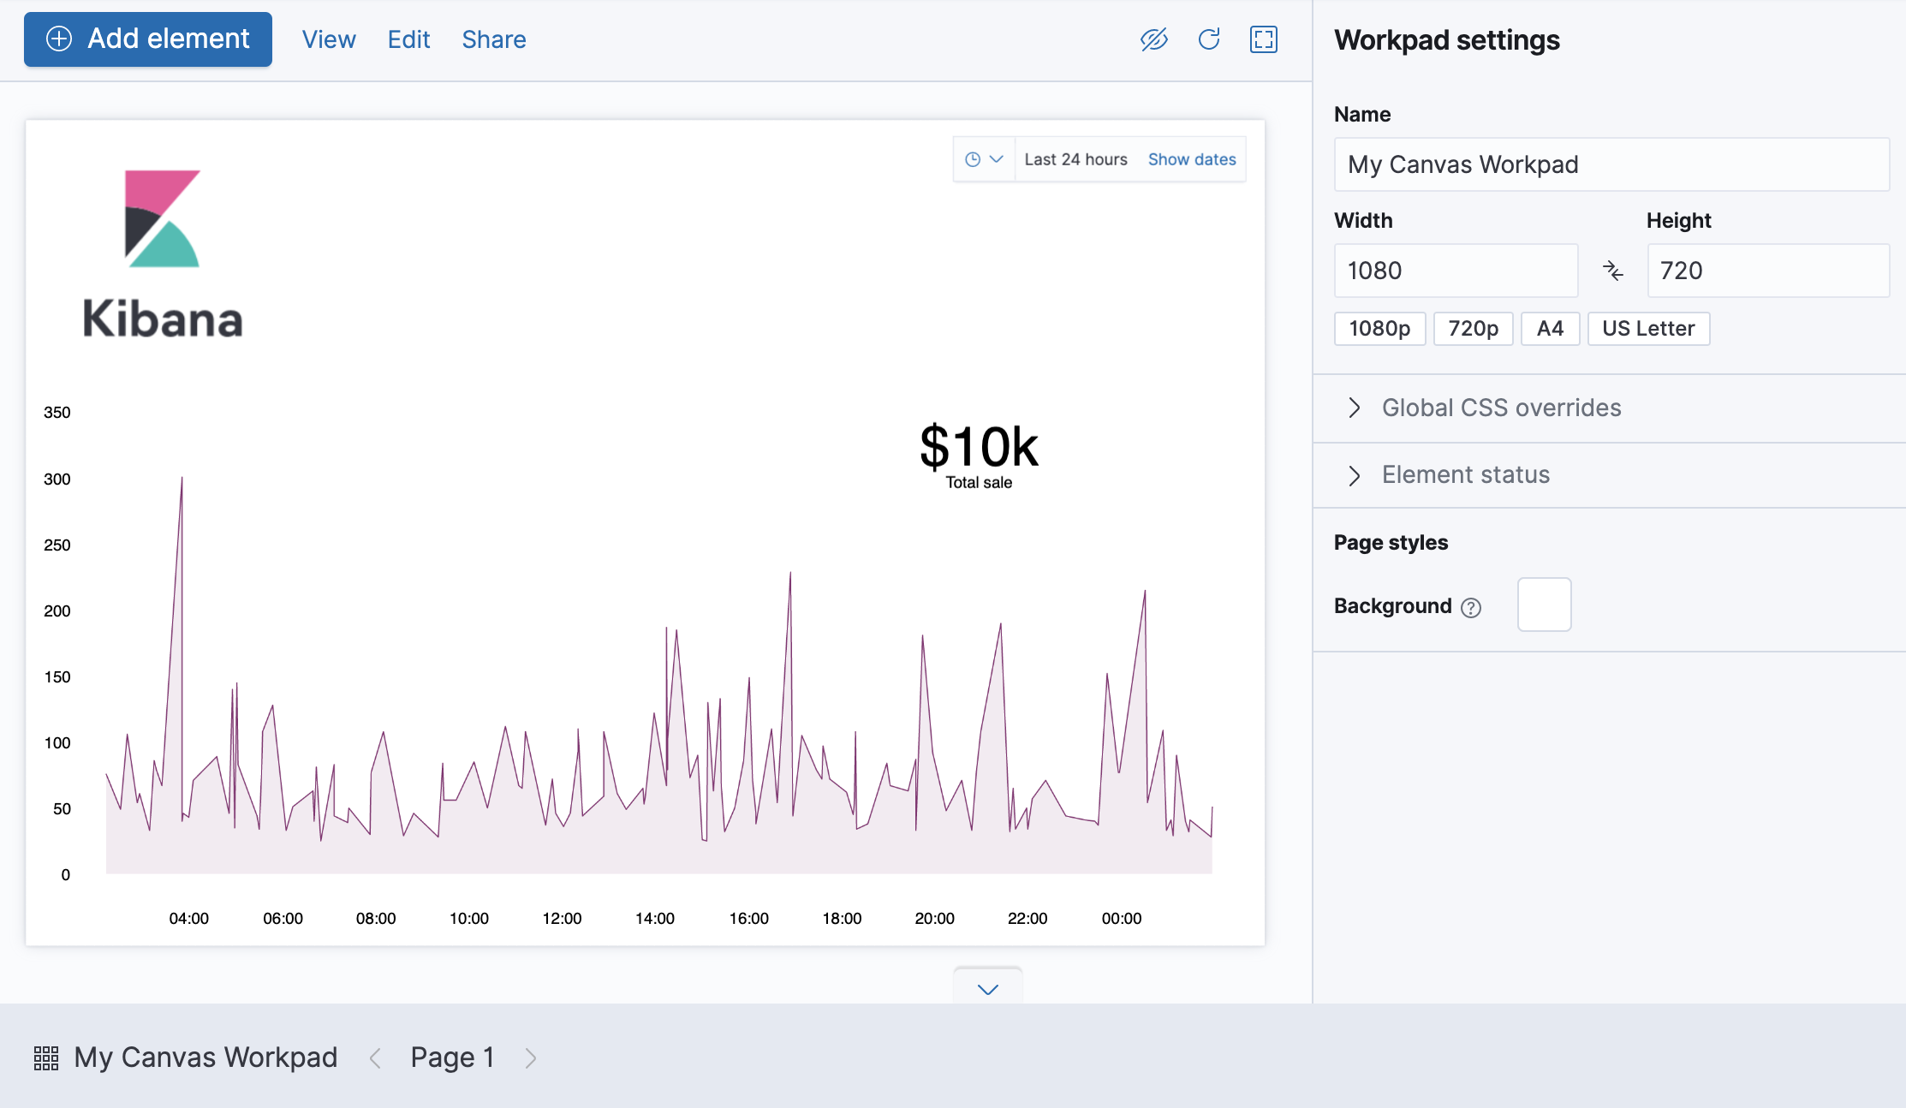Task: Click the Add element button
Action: [x=148, y=39]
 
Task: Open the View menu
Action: [x=329, y=39]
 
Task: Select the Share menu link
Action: [x=494, y=39]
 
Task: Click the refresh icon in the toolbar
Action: [x=1209, y=39]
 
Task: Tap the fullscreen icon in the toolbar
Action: [x=1264, y=39]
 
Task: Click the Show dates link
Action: [x=1192, y=159]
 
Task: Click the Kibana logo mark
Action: [x=162, y=218]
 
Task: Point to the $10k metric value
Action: [x=979, y=447]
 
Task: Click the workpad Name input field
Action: [x=1611, y=164]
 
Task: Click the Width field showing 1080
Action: [x=1456, y=271]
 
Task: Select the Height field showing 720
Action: [x=1767, y=271]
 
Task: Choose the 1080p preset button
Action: [x=1379, y=329]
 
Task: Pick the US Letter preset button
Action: [x=1648, y=329]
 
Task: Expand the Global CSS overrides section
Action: [x=1500, y=408]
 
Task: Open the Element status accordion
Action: [x=1464, y=475]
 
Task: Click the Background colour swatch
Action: [x=1544, y=605]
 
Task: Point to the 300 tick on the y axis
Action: [x=57, y=480]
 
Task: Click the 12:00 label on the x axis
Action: [x=562, y=919]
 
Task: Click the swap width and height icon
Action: [x=1612, y=271]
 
